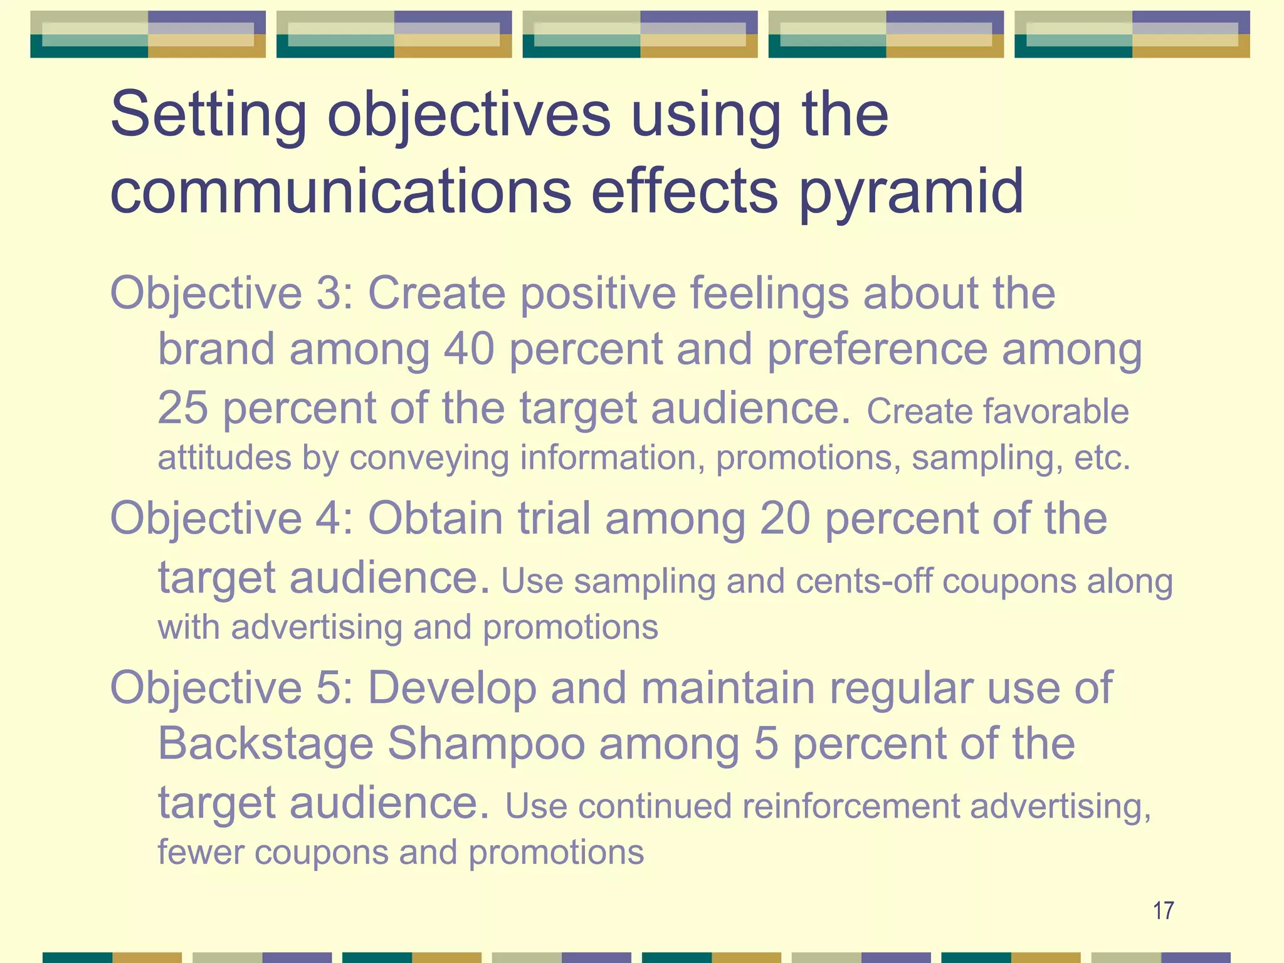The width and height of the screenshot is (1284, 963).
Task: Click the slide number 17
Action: pos(1163,910)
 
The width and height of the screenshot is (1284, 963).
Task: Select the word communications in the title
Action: pos(340,191)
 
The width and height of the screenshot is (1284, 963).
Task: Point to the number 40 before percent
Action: pos(469,349)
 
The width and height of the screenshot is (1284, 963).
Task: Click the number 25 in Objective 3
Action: pos(182,408)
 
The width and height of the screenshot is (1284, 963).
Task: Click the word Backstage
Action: pos(266,744)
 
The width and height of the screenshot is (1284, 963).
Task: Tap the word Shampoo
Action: pos(487,745)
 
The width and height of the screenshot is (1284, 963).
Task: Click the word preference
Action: pos(878,349)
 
